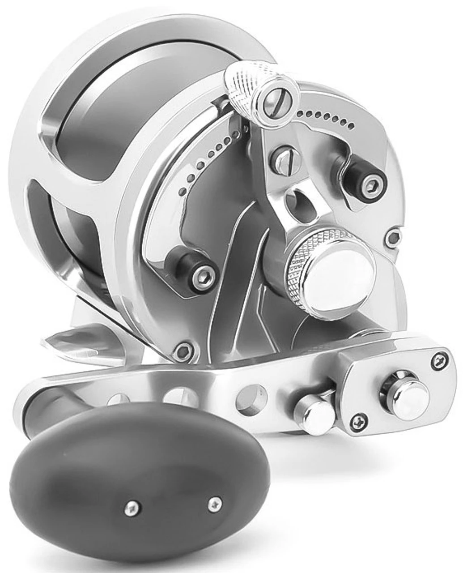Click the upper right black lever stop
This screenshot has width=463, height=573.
coord(365,176)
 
